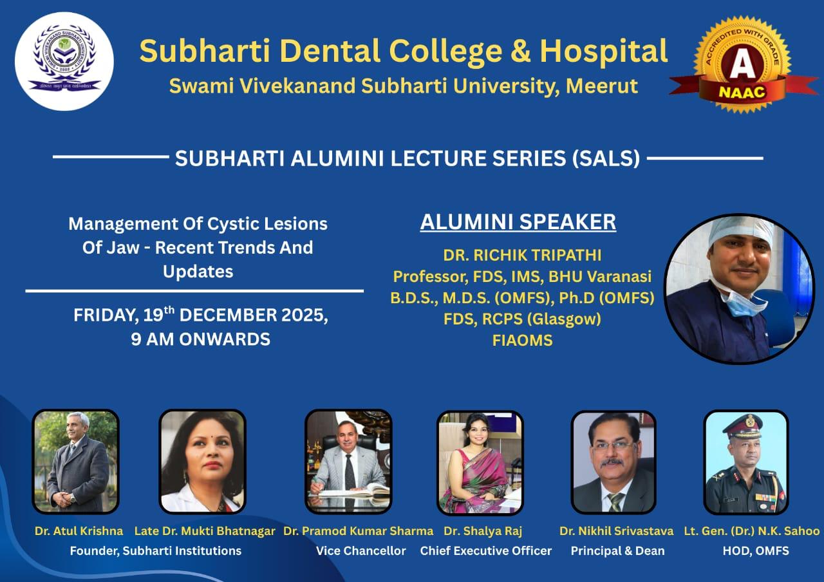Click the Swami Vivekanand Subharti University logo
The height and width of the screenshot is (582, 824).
coord(64,61)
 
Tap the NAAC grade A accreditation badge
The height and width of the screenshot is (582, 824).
coord(743,65)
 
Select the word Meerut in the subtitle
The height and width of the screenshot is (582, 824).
coord(602,86)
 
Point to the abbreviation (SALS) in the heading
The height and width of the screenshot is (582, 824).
coord(606,158)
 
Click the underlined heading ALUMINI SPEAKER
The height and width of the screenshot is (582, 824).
coord(518,222)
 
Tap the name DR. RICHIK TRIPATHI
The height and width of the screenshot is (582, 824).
coord(522,256)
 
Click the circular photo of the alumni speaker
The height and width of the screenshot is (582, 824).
coord(740,289)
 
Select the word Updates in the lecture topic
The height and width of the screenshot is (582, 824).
coord(198,272)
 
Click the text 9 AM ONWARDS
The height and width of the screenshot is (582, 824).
coord(201,339)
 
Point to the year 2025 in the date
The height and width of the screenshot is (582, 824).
coord(304,315)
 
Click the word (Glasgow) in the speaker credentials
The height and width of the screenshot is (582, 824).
coord(564,319)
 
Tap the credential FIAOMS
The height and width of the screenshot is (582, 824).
coord(522,341)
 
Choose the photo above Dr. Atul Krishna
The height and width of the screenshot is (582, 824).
coord(76,462)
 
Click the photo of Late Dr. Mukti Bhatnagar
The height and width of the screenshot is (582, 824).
coord(202,462)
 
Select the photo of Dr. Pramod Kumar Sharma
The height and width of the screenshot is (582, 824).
coord(348,462)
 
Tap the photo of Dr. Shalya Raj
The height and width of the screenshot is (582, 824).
coord(480,463)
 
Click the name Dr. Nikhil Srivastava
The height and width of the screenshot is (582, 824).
coord(617,531)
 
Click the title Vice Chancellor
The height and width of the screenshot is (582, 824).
coord(361,551)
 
